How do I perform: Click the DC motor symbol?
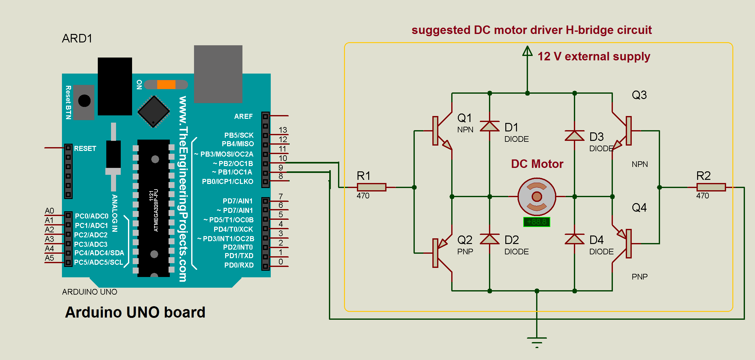536,197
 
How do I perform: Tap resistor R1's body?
371,187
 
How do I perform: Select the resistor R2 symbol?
711,187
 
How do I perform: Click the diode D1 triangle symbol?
490,126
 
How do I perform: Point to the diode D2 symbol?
490,239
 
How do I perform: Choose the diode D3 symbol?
575,135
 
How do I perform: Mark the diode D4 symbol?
575,239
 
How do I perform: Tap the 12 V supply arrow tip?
527,47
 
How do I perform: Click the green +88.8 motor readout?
536,222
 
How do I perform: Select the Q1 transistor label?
464,118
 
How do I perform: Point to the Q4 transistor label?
639,208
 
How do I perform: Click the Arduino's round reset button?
84,101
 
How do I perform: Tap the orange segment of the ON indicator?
166,85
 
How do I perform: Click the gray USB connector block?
218,74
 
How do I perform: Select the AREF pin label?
243,116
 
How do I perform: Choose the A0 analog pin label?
49,211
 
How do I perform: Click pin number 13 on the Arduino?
283,130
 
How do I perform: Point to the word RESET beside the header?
85,148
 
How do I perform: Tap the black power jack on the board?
115,86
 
